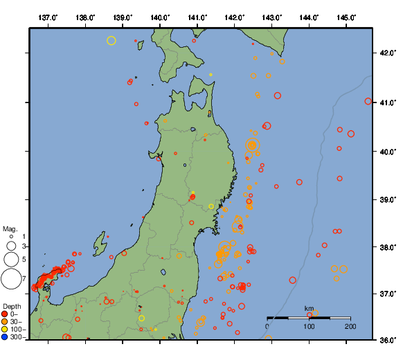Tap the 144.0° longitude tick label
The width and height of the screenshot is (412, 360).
308,17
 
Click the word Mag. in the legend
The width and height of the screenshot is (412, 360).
10,228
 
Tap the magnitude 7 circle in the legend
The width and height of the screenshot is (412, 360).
11,279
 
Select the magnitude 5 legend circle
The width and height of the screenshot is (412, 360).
11,259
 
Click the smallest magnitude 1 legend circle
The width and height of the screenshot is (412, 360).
11,237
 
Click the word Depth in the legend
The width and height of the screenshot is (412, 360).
12,306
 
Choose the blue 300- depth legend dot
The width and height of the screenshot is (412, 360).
5,337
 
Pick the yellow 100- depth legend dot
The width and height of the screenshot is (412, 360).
5,330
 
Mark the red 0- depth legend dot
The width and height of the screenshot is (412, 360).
5,314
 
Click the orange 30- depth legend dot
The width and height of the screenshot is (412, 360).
5,321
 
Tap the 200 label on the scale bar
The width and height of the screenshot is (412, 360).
350,326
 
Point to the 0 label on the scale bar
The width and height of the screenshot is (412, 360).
268,326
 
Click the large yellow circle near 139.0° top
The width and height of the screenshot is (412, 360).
111,41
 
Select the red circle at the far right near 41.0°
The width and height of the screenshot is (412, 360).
368,101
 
